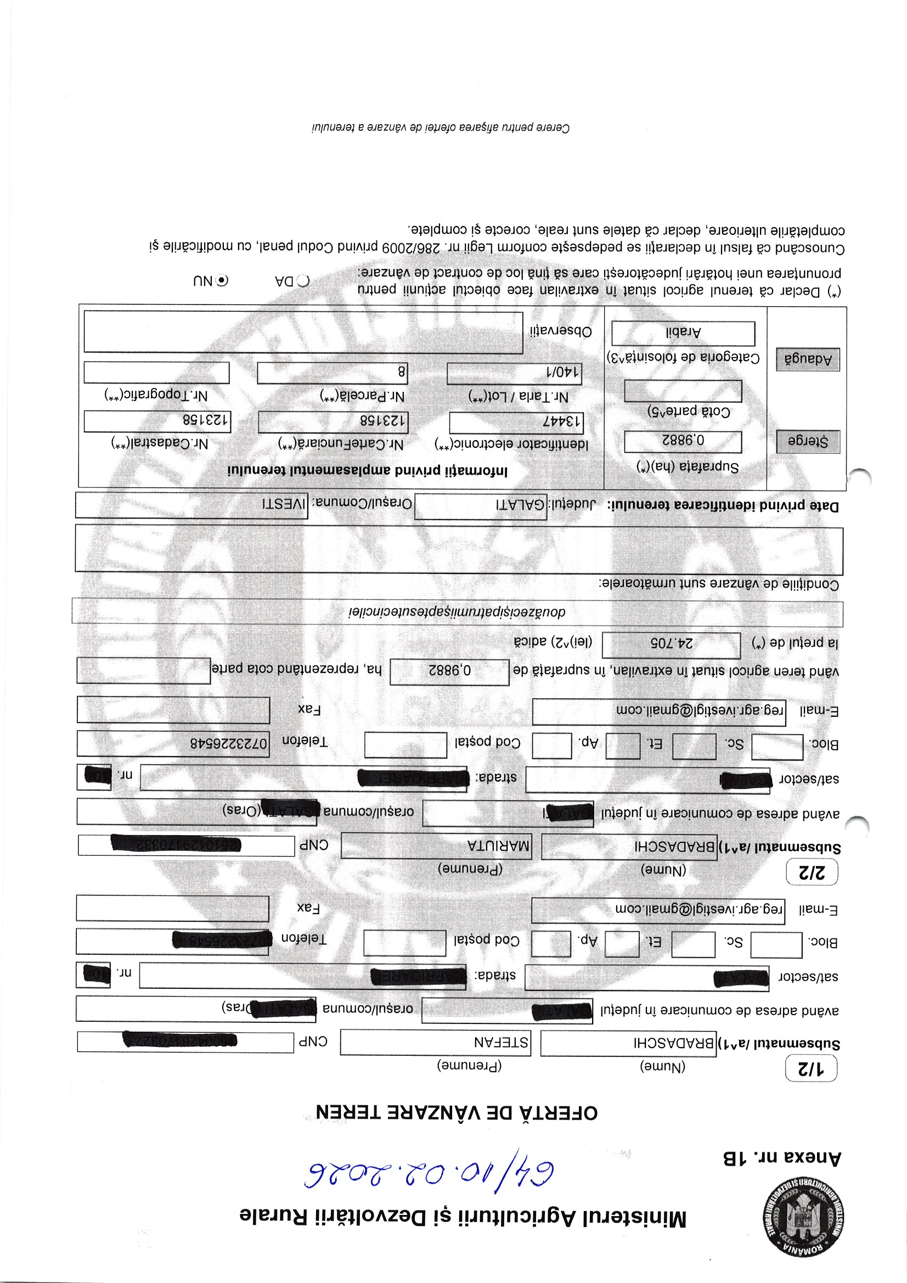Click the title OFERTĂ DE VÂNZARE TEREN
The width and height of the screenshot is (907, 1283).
coord(457,1112)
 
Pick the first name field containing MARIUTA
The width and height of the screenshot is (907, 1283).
coord(436,846)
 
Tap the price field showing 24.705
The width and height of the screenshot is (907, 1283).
coord(671,644)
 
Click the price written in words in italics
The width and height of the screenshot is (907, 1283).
coord(457,612)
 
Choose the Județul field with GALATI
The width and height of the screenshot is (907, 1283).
coord(481,506)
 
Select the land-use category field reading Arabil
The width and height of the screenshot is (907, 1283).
coord(683,333)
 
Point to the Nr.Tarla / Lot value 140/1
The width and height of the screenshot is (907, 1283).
coord(514,373)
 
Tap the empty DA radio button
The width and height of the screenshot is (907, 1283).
coord(303,280)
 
